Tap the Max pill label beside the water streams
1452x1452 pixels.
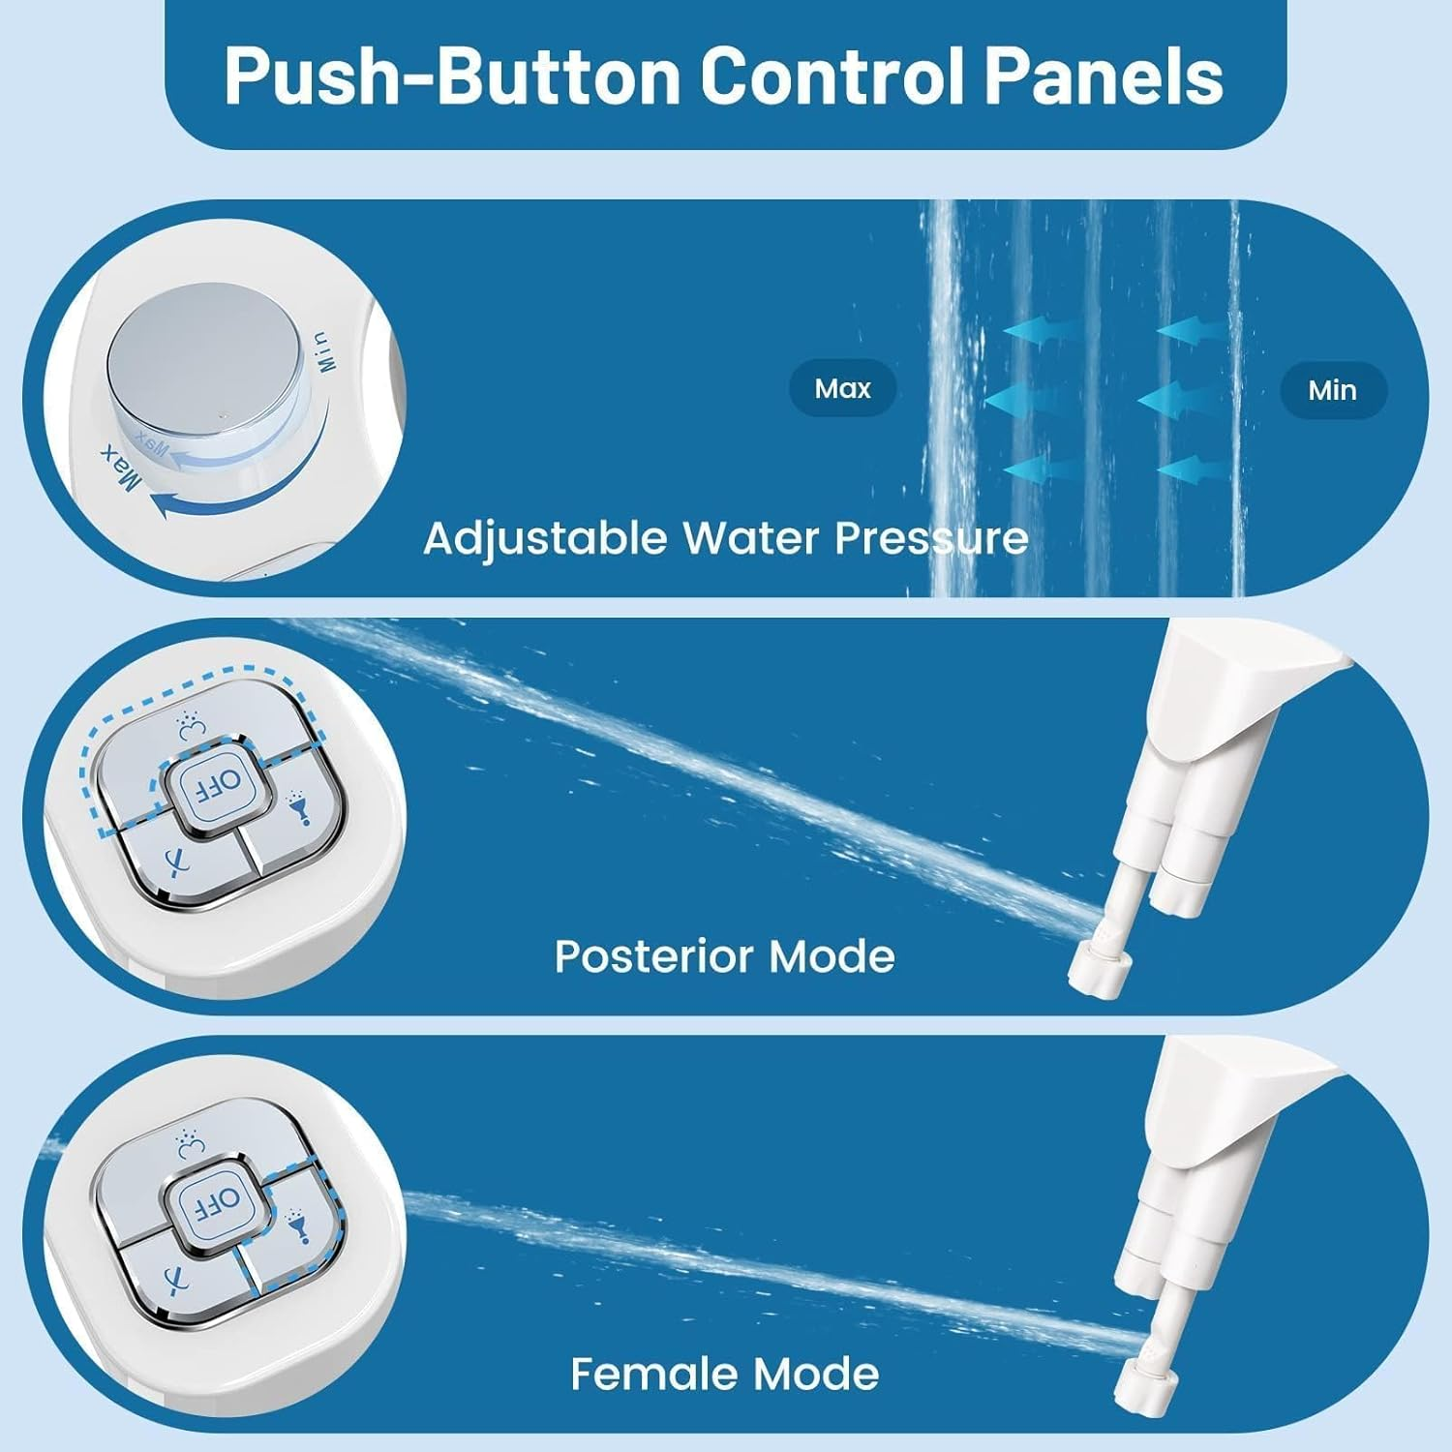pyautogui.click(x=842, y=389)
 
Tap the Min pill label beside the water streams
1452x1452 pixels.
pyautogui.click(x=1332, y=390)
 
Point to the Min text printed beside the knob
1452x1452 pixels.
pyautogui.click(x=323, y=352)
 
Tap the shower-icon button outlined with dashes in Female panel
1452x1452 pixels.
pyautogui.click(x=295, y=1222)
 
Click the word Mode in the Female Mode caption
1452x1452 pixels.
pyautogui.click(x=815, y=1374)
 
